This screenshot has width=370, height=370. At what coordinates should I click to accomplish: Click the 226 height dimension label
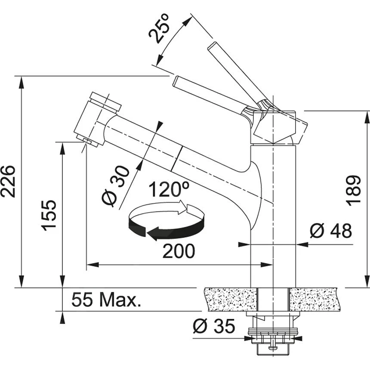point(8,181)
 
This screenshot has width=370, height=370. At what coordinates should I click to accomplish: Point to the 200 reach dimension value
point(178,251)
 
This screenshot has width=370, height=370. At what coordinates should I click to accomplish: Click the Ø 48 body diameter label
point(330,231)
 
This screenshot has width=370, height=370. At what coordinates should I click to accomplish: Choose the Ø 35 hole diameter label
point(214,327)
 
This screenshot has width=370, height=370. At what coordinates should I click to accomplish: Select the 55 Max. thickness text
point(106,300)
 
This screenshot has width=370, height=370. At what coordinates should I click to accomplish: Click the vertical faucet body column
point(273,215)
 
